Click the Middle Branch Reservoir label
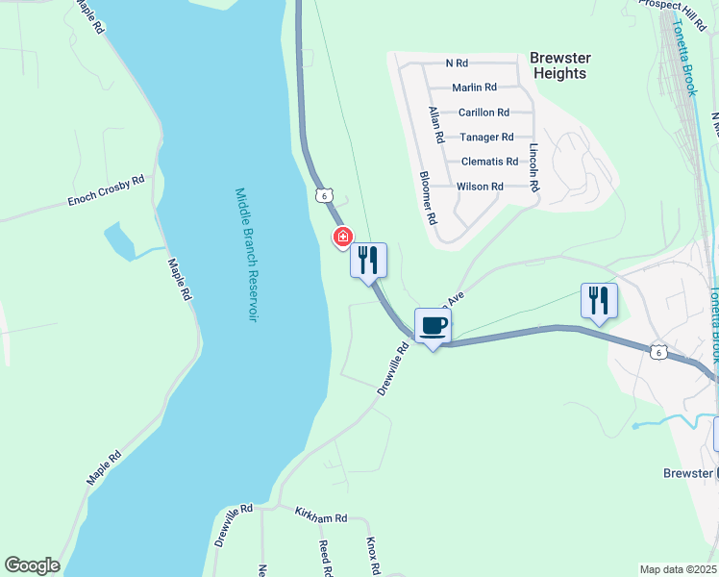[248, 254]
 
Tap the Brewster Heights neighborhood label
[559, 65]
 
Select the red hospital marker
[341, 237]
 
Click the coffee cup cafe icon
[433, 325]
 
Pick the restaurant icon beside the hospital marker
[368, 260]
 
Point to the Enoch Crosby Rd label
[106, 190]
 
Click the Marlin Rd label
[474, 88]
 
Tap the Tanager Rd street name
[486, 138]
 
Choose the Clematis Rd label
[489, 162]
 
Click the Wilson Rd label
[480, 187]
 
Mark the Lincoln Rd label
[534, 165]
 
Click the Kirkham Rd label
[320, 516]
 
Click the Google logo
[32, 565]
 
